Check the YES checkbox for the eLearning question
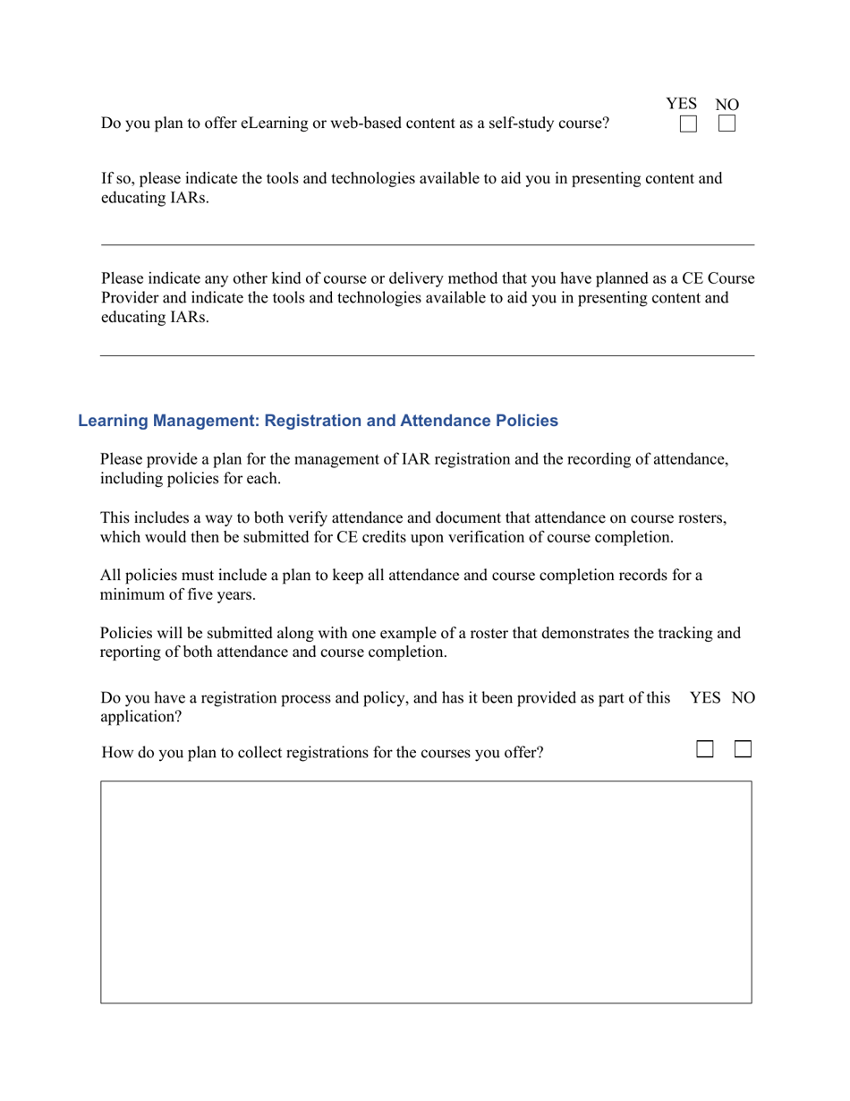[x=688, y=124]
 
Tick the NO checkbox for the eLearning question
[x=727, y=124]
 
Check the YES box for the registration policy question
[x=705, y=749]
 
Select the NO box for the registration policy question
[x=743, y=749]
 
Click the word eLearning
[x=274, y=124]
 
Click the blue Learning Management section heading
[x=318, y=421]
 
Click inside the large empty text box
[x=426, y=892]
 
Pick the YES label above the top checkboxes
[x=681, y=104]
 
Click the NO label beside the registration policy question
[x=744, y=697]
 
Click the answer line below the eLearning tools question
[x=427, y=243]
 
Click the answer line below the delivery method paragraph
[x=427, y=354]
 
